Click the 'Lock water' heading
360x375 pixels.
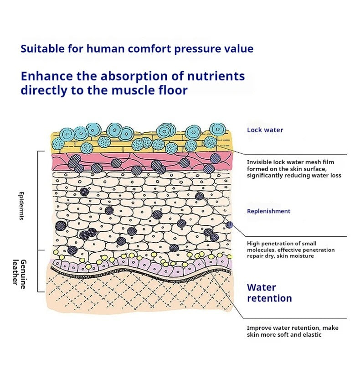coord(265,130)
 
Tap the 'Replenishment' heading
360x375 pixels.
coord(268,211)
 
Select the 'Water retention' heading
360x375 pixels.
coord(269,293)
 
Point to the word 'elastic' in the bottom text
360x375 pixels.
coord(312,335)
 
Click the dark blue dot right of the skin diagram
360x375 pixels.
coord(229,224)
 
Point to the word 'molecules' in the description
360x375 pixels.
coord(261,250)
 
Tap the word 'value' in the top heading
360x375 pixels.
coord(239,49)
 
